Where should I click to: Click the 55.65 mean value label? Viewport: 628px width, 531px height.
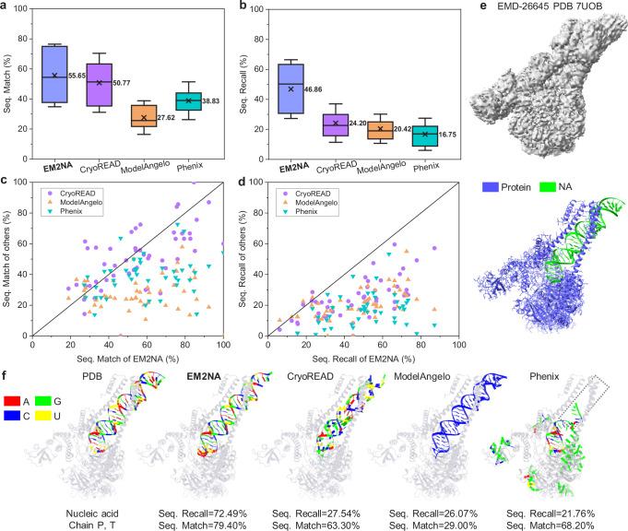pyautogui.click(x=82, y=76)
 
